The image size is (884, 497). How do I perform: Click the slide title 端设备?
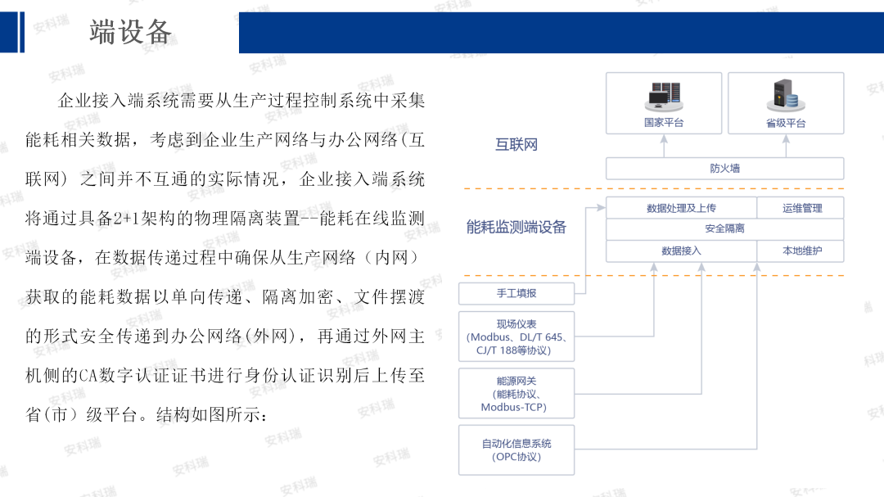(131, 32)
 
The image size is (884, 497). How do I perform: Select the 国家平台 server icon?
(664, 96)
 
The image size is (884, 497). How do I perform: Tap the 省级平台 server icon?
(785, 96)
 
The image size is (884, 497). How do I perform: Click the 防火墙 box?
(724, 169)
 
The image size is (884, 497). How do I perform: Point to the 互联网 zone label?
(516, 145)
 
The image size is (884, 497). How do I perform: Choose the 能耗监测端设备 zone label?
(516, 228)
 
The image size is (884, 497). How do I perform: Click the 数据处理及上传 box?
(681, 208)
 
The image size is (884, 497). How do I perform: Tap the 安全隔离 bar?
(724, 229)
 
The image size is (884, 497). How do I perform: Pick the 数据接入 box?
(681, 251)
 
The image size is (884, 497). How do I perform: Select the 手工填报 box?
(516, 293)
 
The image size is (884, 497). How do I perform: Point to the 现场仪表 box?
(516, 337)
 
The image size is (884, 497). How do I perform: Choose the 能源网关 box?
(516, 394)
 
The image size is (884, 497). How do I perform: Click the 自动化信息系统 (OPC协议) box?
(516, 450)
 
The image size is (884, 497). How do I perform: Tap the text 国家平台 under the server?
(664, 124)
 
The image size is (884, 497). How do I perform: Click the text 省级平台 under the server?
(786, 124)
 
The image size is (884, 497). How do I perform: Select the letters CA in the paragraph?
(89, 376)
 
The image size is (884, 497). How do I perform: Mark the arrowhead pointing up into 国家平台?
(664, 139)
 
